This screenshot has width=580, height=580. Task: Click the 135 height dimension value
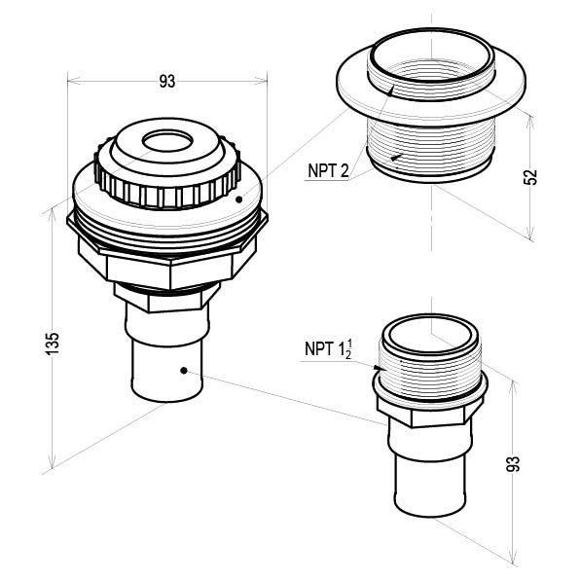[53, 344]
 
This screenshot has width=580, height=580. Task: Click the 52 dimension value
[529, 177]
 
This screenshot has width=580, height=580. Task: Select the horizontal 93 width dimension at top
[167, 81]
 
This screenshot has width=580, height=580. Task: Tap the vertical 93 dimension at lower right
[512, 464]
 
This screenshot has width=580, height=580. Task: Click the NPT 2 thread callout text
[328, 171]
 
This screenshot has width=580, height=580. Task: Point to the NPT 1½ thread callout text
[328, 348]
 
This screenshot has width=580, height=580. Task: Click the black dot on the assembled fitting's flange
[239, 199]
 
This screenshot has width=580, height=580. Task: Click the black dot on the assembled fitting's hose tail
[184, 370]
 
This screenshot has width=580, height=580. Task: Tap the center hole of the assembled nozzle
[168, 141]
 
